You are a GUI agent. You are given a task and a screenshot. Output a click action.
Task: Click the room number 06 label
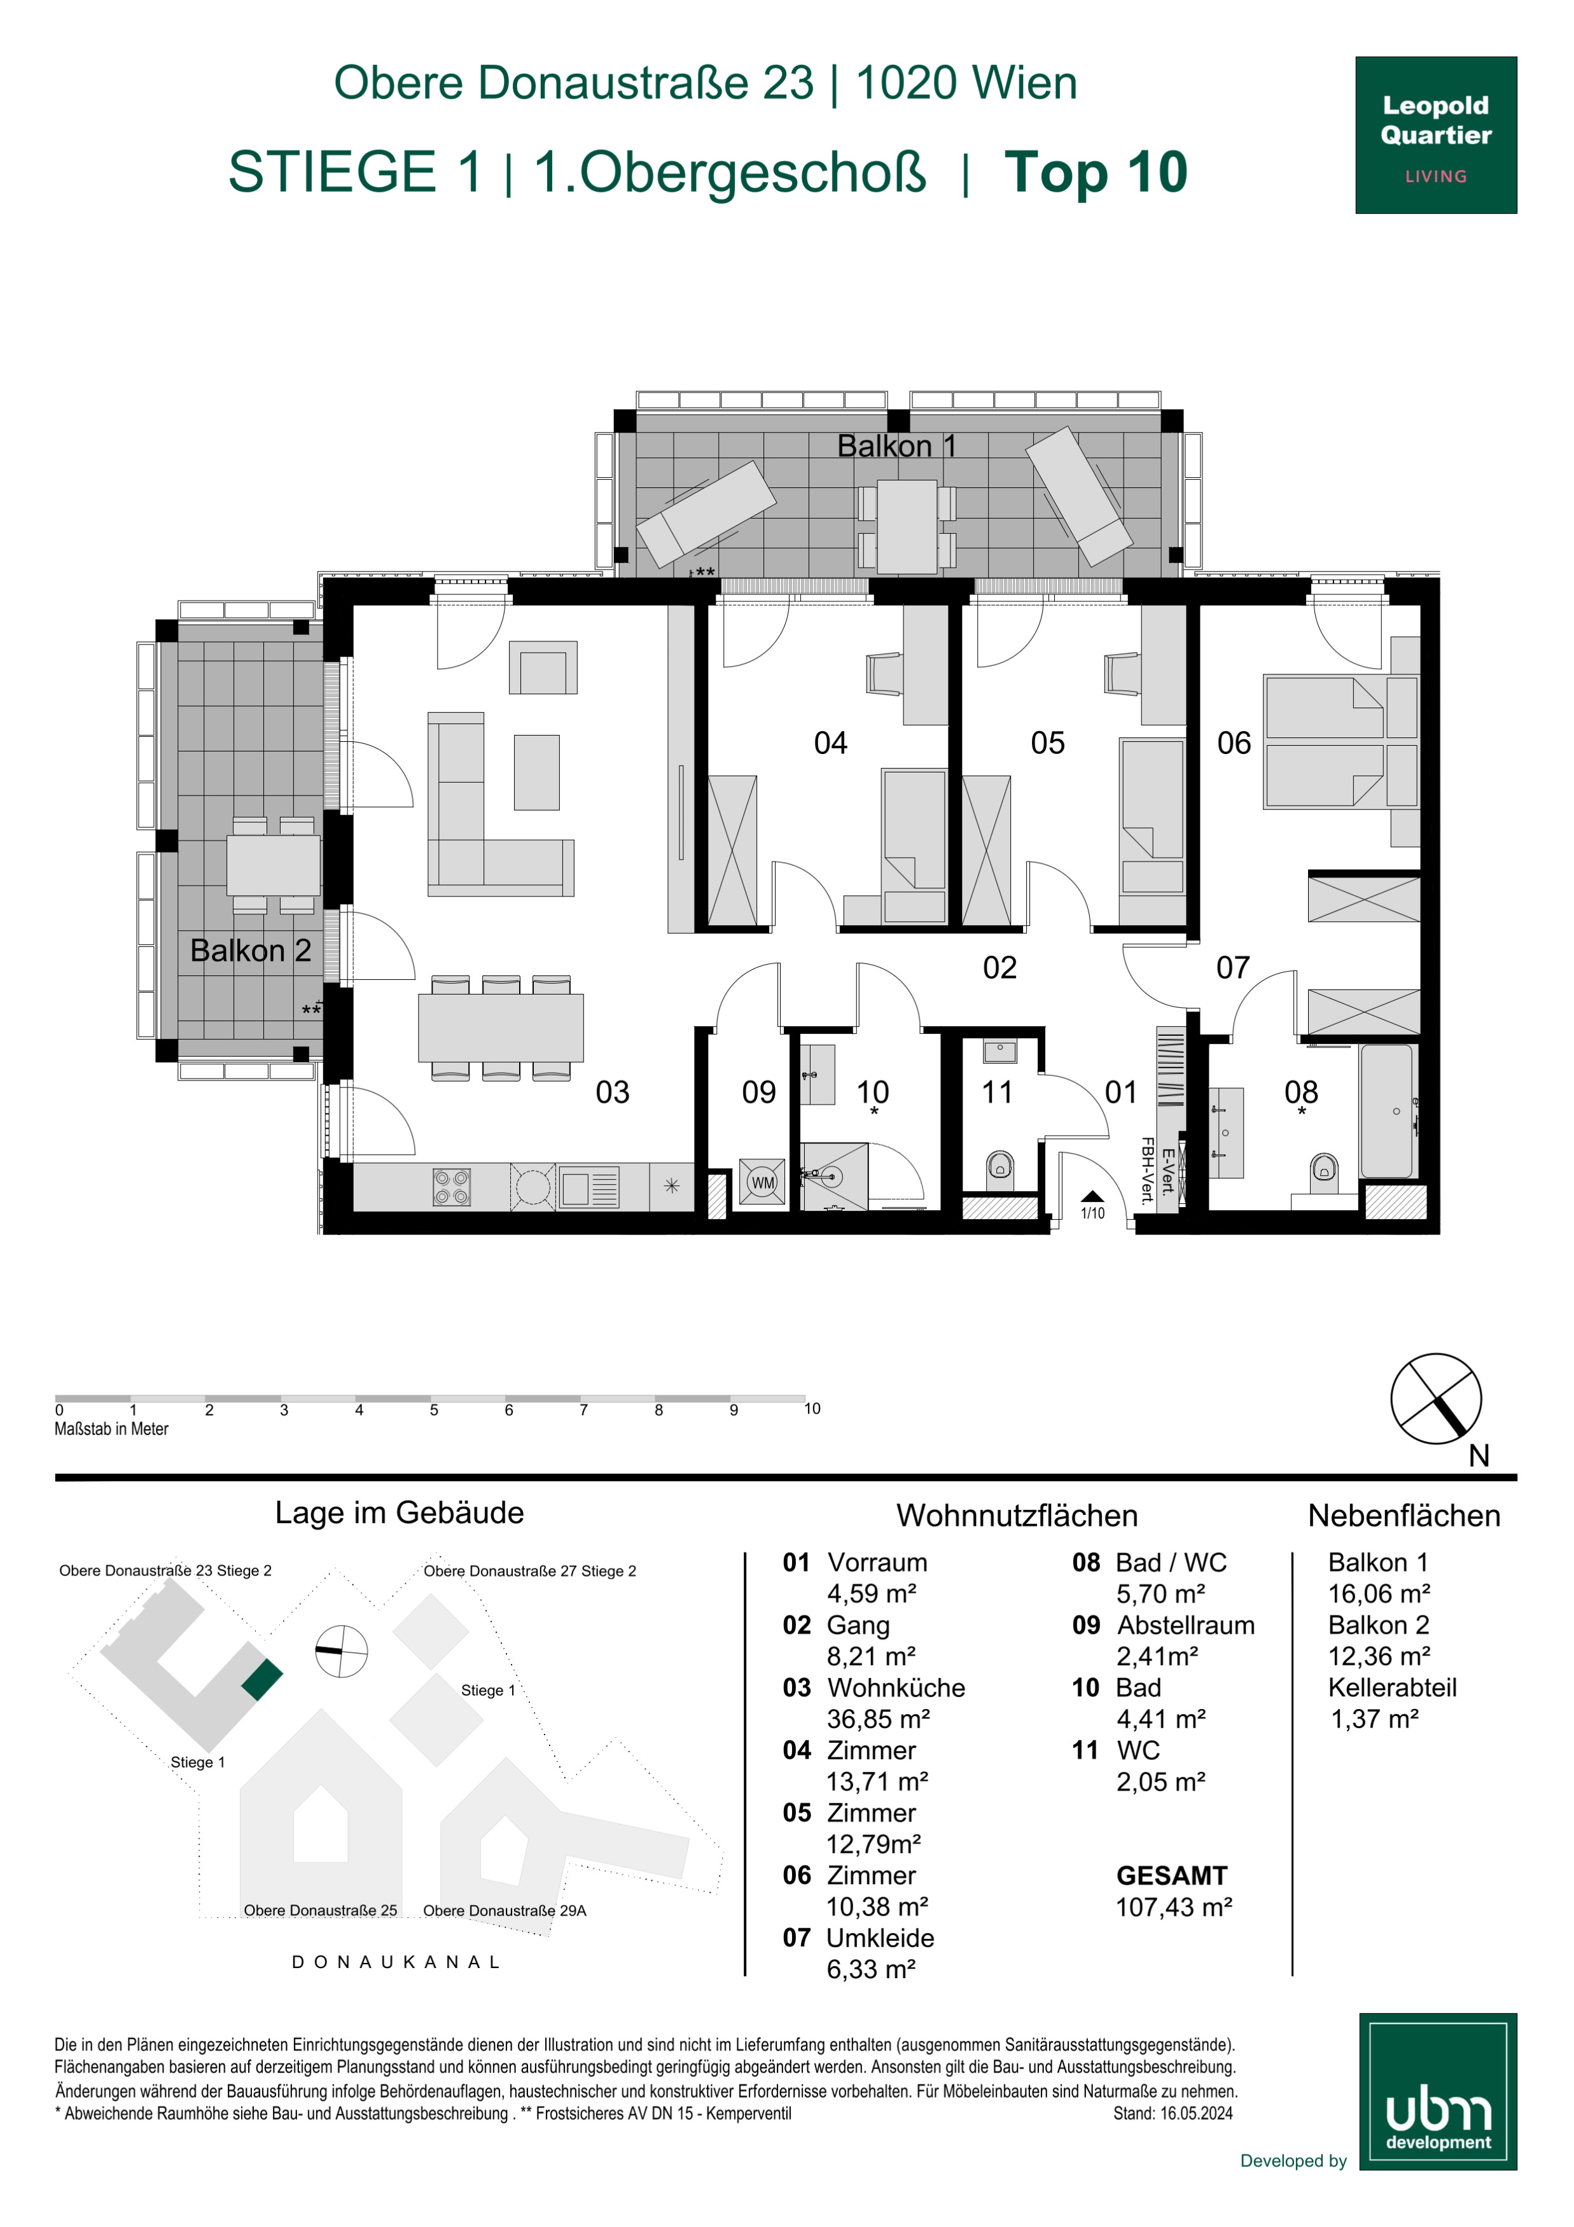[x=1234, y=743]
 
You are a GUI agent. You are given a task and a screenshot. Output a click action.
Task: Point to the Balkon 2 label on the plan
[x=250, y=951]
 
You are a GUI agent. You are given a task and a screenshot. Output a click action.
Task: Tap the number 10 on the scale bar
[x=812, y=1408]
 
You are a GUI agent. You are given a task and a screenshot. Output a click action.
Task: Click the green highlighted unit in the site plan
[x=262, y=1680]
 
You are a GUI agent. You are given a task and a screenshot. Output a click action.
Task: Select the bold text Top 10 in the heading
[x=1096, y=172]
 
